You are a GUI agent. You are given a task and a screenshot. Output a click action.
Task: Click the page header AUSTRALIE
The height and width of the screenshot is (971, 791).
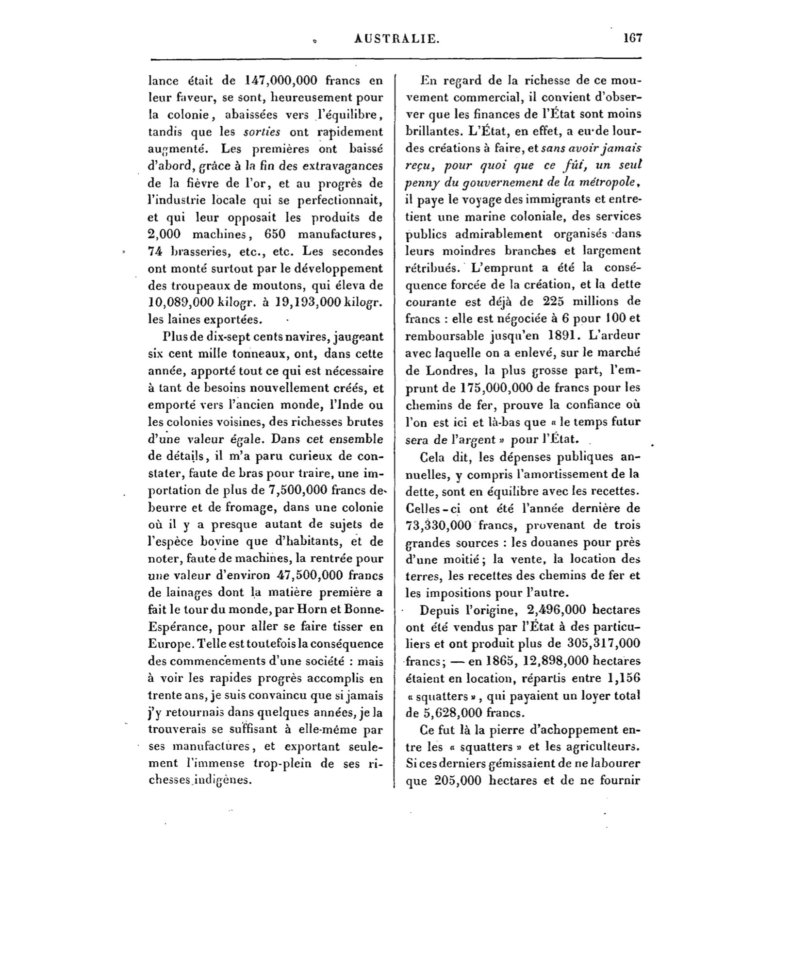click(x=396, y=39)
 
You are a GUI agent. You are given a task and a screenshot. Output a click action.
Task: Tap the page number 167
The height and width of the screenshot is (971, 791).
click(x=633, y=38)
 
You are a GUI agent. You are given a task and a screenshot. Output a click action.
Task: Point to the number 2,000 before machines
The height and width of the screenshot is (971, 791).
click(x=164, y=234)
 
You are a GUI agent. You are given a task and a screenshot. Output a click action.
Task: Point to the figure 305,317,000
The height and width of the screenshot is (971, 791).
click(x=603, y=644)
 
